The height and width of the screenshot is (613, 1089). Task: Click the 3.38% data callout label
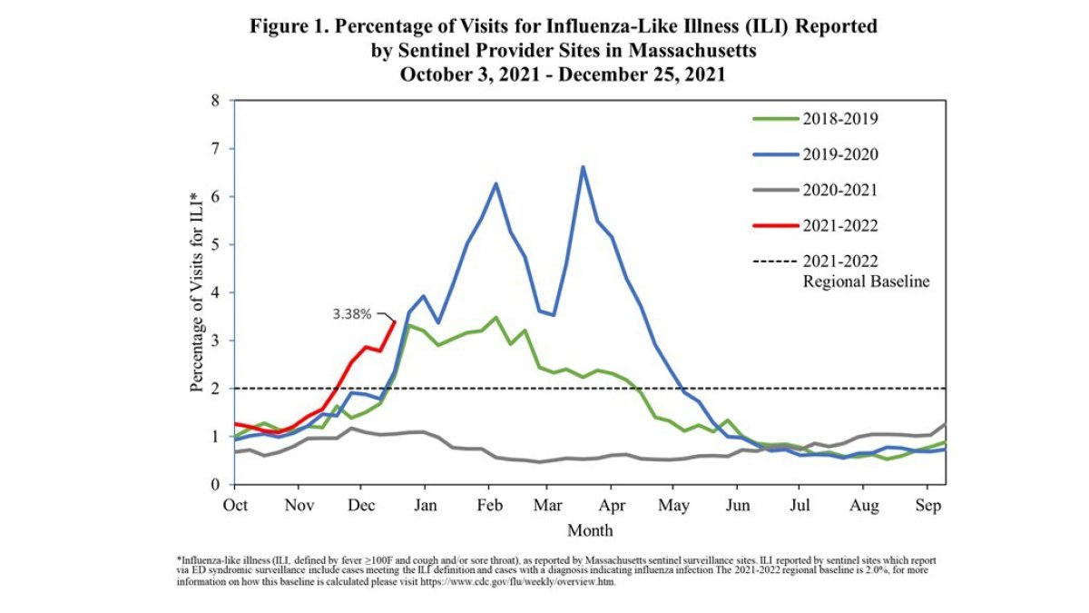(351, 314)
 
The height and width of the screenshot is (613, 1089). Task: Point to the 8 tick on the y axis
(215, 101)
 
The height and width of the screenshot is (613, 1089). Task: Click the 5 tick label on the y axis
(215, 245)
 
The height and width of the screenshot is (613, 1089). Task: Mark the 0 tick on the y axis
(215, 485)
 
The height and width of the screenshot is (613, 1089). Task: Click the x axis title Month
(590, 529)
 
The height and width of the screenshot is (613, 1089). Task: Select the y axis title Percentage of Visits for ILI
(196, 292)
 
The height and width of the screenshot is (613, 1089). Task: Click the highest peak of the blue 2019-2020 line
(583, 167)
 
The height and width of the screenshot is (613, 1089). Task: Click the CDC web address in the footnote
(525, 582)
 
